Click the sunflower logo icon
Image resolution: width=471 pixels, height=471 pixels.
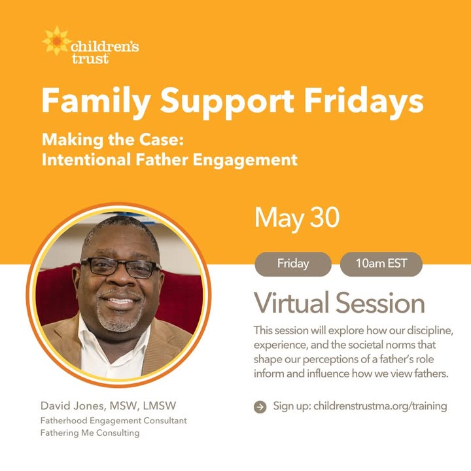coord(56,41)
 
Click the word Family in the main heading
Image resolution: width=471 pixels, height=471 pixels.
coord(96,101)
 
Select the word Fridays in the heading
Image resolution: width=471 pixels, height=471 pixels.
coord(364,101)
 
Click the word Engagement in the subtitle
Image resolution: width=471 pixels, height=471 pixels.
coord(245,160)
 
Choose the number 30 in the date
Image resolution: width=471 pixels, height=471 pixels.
coord(324,217)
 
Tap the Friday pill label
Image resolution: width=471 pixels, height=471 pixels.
coord(293,264)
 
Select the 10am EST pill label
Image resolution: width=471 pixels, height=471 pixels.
coord(381,264)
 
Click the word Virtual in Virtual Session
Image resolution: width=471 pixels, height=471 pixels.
coord(291,302)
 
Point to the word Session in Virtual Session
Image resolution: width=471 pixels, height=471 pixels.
coord(380,303)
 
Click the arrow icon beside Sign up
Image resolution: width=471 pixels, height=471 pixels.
coord(260,407)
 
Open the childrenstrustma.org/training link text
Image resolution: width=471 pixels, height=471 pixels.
coord(380,406)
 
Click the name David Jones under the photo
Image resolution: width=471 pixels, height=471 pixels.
coord(73,406)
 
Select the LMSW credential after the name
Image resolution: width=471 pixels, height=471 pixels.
coord(160,406)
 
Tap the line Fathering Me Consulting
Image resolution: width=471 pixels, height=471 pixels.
coord(90,433)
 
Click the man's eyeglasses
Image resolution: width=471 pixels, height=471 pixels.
coord(120,268)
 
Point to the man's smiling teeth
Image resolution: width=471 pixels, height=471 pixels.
coord(120,300)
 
